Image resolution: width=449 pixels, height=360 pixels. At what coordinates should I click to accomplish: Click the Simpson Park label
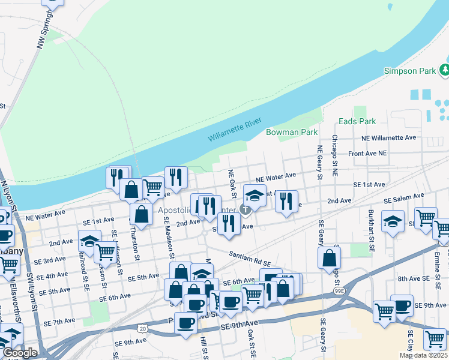point(410,71)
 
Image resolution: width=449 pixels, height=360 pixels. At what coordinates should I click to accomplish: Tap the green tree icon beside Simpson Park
point(444,71)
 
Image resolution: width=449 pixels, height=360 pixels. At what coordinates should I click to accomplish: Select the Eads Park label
point(357,121)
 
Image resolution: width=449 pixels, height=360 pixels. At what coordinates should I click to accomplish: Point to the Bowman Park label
point(292,131)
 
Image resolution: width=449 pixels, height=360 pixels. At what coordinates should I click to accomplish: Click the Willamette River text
point(235,129)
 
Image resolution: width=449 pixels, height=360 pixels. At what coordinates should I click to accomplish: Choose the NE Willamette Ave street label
point(389,137)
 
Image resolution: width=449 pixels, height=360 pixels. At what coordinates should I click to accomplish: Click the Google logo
point(19,353)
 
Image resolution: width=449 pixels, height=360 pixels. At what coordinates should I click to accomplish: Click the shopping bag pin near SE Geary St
point(330,258)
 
